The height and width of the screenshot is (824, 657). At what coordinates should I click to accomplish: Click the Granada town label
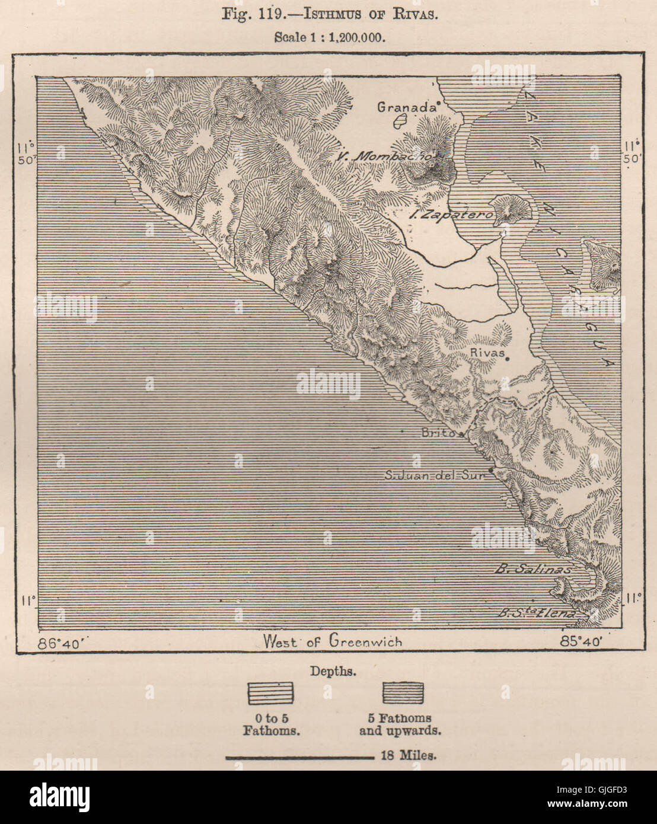pos(406,107)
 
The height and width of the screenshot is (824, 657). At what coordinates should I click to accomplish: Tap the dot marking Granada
pos(438,106)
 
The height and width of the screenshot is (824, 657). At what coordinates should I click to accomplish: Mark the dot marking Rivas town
pos(508,358)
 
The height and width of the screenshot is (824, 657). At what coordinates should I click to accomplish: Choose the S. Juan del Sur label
pos(435,475)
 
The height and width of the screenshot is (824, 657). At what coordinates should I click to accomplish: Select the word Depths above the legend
pos(333,672)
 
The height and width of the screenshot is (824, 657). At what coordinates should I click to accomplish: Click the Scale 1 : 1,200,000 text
pos(330,36)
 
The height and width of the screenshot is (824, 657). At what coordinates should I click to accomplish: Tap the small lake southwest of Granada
pos(400,123)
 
